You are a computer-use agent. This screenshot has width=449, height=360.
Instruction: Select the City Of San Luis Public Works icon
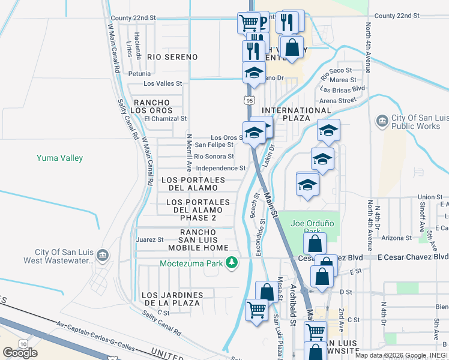382,122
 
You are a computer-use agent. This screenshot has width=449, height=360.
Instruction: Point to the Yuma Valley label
59,158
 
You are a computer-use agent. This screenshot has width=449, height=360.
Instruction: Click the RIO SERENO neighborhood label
172,57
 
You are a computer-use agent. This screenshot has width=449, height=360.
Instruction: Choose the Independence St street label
221,169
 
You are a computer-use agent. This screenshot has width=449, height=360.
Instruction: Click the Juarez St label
149,239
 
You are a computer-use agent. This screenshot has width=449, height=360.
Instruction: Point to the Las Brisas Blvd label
342,88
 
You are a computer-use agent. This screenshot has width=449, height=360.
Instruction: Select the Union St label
430,197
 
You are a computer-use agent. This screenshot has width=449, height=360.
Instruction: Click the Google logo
20,353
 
